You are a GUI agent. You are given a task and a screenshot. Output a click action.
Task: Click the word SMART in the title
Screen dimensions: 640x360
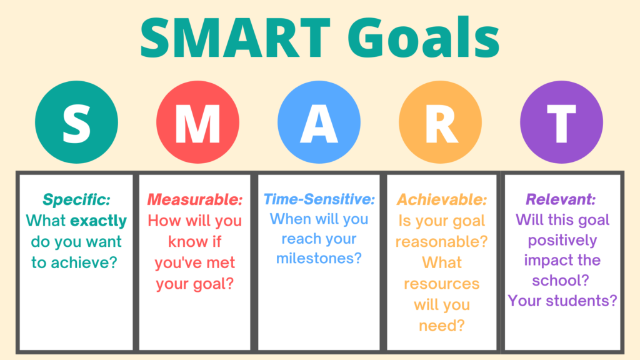click(236, 37)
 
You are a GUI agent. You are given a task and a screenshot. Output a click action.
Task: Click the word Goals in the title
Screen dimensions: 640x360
click(424, 37)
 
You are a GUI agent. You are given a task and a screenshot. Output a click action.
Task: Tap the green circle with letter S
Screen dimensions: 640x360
click(76, 122)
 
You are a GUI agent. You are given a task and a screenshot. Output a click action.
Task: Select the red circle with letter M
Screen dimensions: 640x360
click(197, 122)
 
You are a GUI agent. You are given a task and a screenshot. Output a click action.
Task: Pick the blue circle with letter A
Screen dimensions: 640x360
click(319, 122)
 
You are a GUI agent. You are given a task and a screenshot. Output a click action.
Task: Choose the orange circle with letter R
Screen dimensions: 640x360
click(440, 122)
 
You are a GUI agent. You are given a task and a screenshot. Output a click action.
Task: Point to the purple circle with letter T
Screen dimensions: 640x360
click(561, 122)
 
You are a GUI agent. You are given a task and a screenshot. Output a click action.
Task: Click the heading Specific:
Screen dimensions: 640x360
click(76, 199)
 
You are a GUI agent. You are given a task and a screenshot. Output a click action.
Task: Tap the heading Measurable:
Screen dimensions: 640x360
click(195, 199)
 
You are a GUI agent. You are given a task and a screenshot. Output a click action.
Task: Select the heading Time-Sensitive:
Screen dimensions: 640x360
click(319, 199)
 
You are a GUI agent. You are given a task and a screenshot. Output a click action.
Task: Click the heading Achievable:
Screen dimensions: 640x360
click(442, 199)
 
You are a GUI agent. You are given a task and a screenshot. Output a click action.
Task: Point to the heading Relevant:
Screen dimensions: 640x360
click(561, 199)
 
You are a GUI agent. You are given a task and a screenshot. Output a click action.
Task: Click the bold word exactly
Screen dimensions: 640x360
click(98, 221)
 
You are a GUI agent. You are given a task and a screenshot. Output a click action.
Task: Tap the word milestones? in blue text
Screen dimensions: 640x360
click(319, 258)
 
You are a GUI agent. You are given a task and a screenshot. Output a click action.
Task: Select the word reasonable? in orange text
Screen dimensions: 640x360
click(442, 242)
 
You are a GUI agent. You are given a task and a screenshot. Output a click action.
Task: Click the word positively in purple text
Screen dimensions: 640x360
click(562, 241)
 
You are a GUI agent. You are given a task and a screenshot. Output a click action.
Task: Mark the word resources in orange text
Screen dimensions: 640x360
click(442, 284)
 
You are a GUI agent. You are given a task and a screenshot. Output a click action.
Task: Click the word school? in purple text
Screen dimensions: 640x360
click(561, 281)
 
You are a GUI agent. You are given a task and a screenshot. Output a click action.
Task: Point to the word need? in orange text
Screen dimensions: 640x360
click(442, 326)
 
